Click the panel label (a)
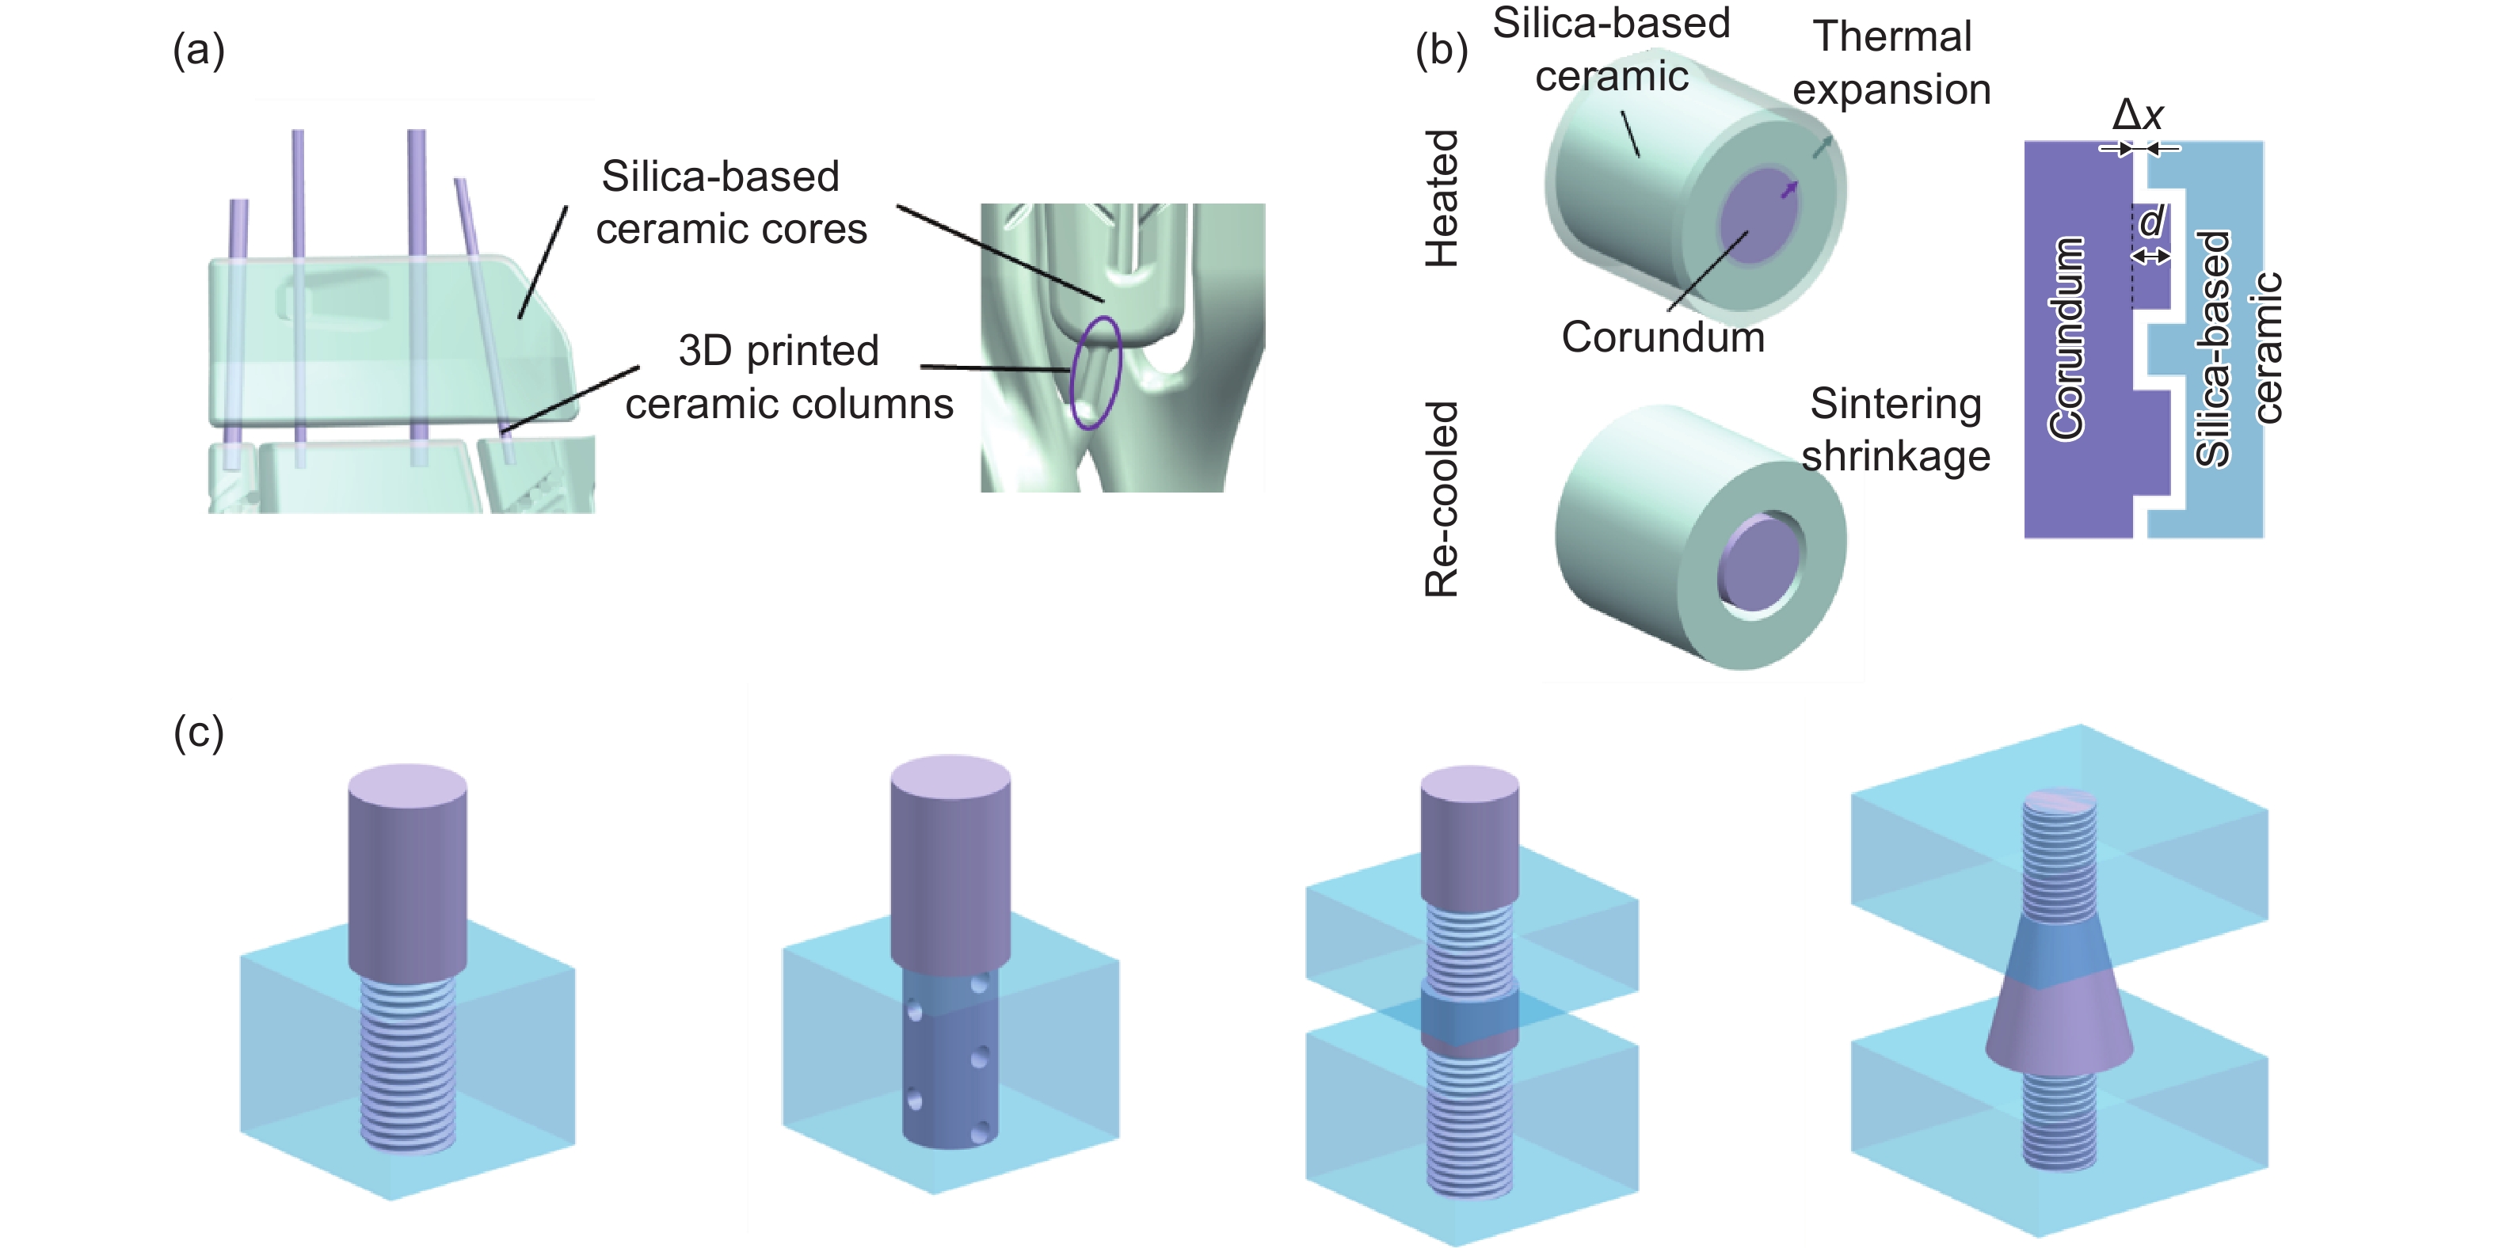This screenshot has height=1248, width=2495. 199,51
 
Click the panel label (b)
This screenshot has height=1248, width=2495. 1442,51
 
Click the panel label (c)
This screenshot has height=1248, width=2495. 199,733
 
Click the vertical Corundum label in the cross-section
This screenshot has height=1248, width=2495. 2066,338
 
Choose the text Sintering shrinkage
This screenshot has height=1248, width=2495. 1895,430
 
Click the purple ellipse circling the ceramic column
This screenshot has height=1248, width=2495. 1095,373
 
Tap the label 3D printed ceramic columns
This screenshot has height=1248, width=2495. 787,378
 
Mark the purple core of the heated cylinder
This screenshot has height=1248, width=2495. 1756,223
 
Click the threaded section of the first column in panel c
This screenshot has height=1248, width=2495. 408,1065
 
